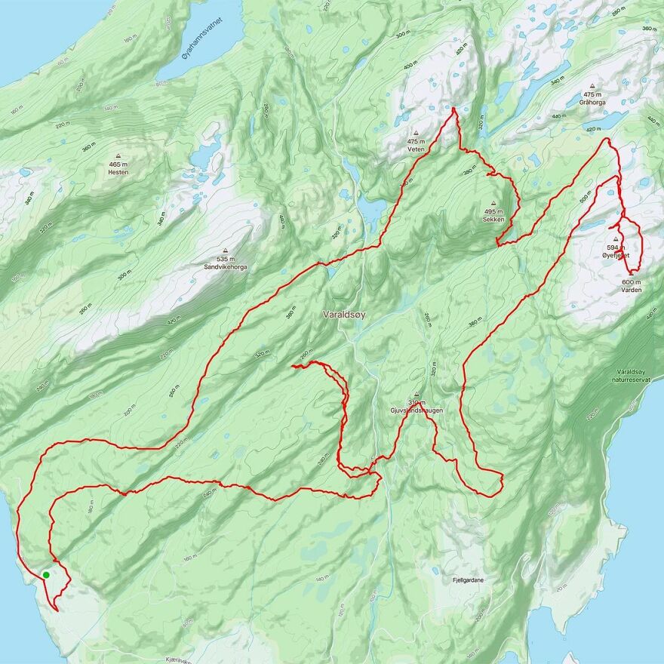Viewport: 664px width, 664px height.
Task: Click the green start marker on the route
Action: (x=46, y=575)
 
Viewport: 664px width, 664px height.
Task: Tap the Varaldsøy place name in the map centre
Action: (x=343, y=314)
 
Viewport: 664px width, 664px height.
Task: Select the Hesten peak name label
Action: (x=118, y=172)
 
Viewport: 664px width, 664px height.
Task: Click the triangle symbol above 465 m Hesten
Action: (x=118, y=156)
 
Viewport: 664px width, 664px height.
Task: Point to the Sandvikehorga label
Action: (x=226, y=267)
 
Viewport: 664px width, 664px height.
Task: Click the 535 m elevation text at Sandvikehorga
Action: (x=226, y=260)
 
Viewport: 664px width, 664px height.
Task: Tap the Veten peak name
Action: (x=417, y=149)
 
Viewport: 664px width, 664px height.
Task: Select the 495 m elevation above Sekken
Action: (x=493, y=211)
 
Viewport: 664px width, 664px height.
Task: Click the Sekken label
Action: (x=493, y=220)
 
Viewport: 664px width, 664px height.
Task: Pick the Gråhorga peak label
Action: (x=592, y=101)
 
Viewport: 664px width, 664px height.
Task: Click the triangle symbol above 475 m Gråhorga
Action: (x=592, y=85)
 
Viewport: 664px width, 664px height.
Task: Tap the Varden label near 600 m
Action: (x=632, y=290)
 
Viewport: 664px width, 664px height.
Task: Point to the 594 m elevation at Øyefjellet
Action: (x=616, y=247)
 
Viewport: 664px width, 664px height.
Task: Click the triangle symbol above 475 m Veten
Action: (x=417, y=133)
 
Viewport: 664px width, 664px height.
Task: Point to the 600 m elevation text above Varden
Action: (x=632, y=282)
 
